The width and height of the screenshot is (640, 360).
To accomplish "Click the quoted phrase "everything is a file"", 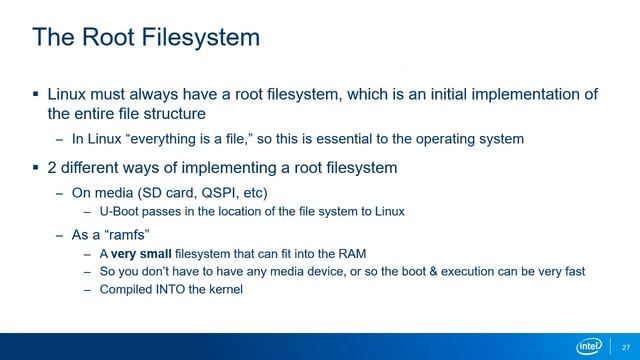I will click(x=184, y=138).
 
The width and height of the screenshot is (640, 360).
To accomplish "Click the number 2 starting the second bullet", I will click(x=52, y=166).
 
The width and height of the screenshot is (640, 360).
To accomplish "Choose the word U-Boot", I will click(x=119, y=212).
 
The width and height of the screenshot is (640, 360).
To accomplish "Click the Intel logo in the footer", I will click(x=589, y=344).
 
